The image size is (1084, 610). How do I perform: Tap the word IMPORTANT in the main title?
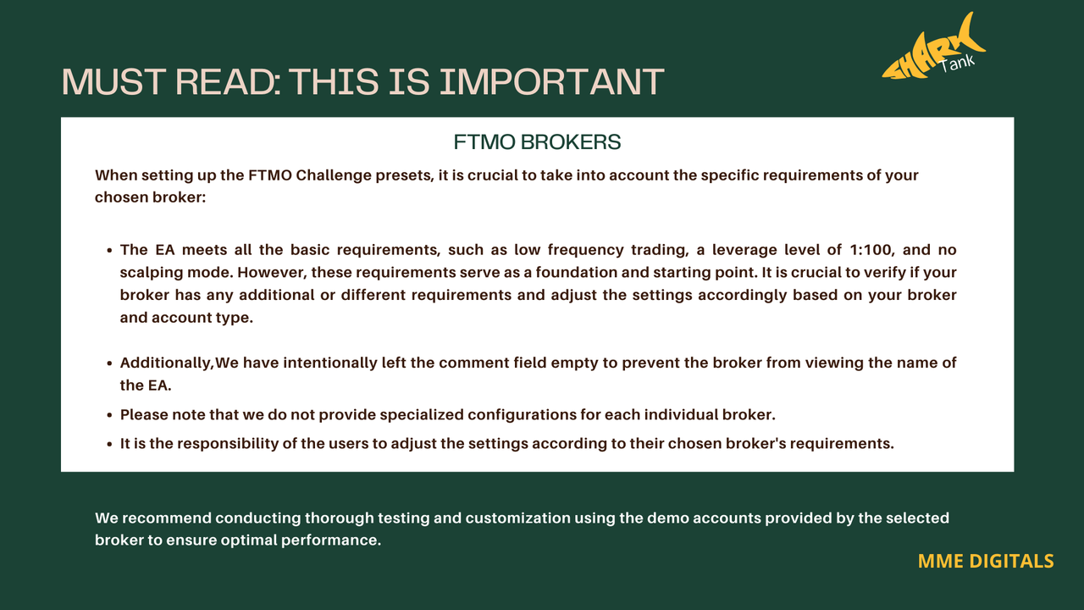551,81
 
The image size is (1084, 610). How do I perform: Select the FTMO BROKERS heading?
537,142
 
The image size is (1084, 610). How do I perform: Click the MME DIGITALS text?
986,561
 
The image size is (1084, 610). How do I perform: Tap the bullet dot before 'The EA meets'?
109,251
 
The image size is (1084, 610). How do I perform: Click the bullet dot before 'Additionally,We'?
109,364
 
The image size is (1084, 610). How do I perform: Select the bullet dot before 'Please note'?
109,416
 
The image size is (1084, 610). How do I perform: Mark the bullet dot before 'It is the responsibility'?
109,445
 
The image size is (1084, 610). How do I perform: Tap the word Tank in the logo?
957,63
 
